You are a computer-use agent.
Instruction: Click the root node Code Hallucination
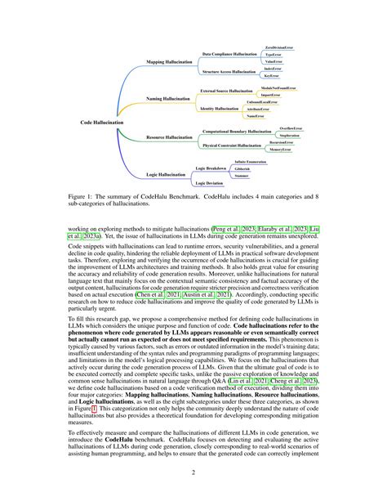(102, 122)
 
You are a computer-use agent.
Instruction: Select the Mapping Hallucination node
(169, 61)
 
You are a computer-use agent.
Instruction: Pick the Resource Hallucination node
(169, 138)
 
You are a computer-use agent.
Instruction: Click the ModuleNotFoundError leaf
(282, 86)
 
